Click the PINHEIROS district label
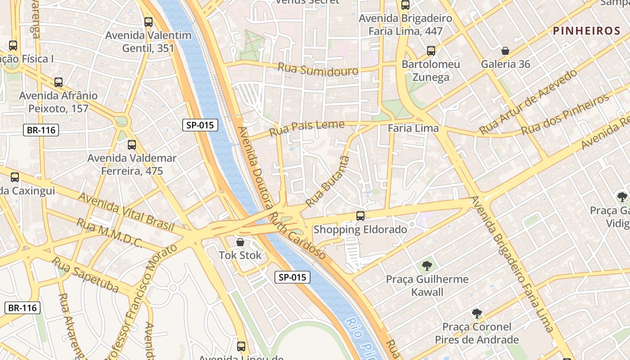click(x=586, y=31)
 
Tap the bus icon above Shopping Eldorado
click(x=360, y=216)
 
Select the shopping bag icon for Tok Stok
click(x=240, y=242)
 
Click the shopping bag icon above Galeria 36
click(x=505, y=51)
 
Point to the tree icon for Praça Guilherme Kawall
click(x=427, y=266)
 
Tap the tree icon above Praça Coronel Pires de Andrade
click(x=477, y=313)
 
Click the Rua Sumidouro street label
click(x=318, y=69)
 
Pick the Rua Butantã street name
click(x=327, y=181)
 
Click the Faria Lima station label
click(x=413, y=129)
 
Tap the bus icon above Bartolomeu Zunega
click(x=431, y=51)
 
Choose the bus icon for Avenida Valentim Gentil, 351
click(x=148, y=22)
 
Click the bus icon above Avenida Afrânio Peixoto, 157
click(x=58, y=82)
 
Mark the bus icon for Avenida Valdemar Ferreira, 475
click(x=132, y=145)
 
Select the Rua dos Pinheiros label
click(x=565, y=115)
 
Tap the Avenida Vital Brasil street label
click(x=126, y=211)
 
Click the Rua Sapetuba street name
click(x=85, y=274)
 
